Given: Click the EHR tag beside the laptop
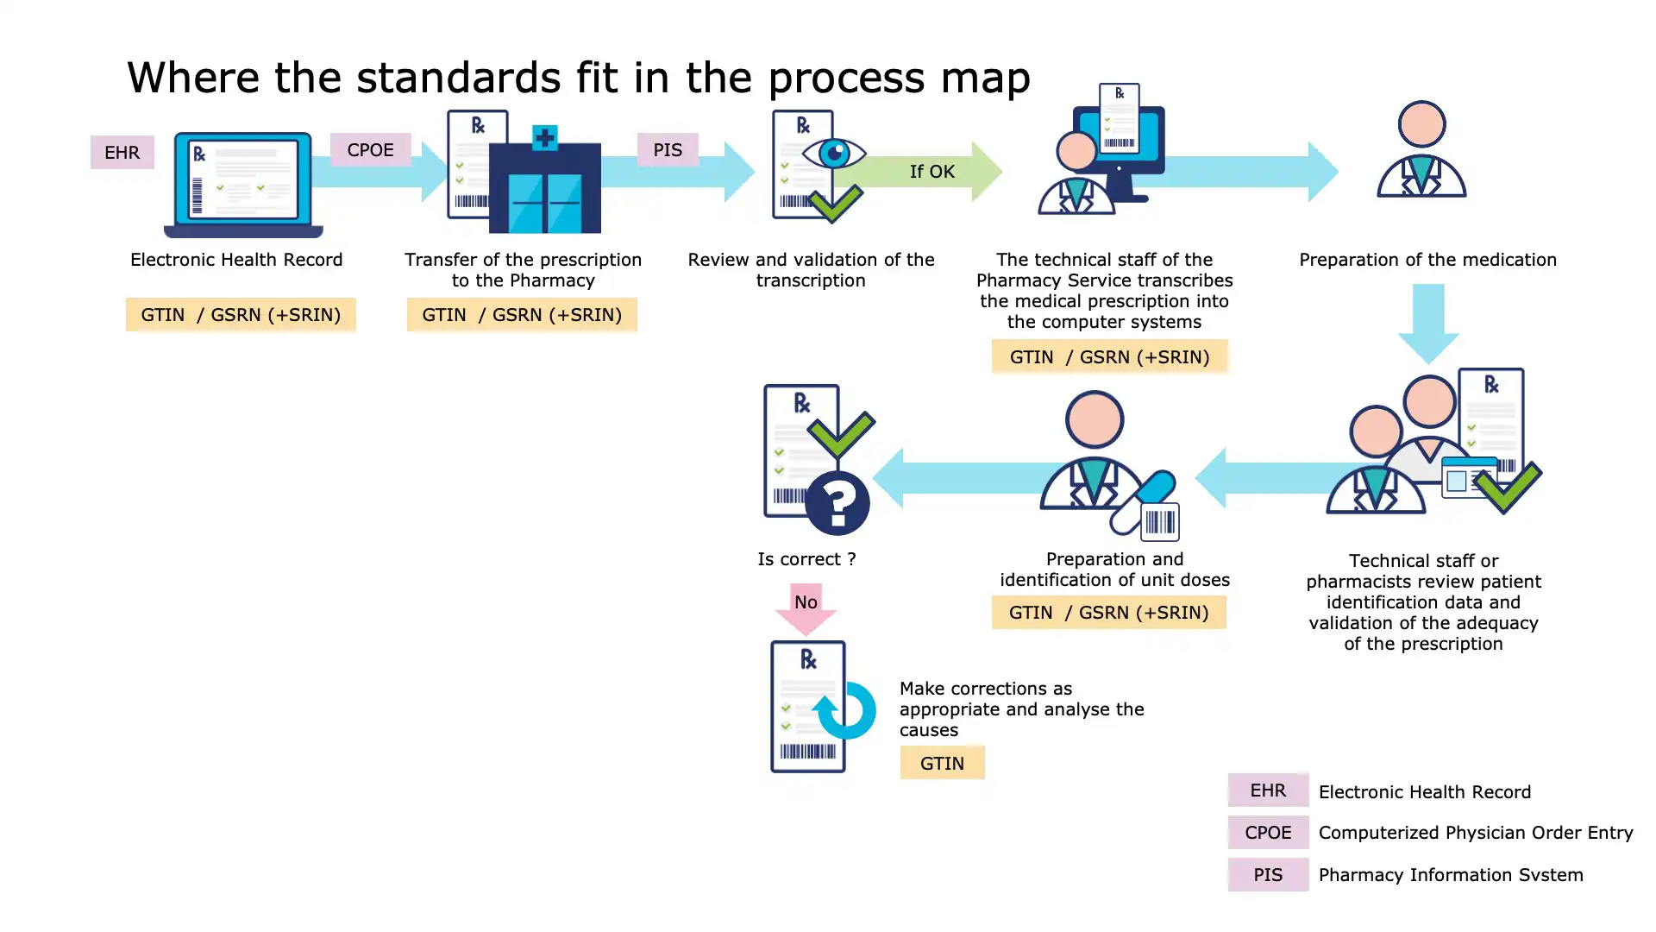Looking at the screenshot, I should point(122,153).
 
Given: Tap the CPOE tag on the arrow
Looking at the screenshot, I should point(370,150).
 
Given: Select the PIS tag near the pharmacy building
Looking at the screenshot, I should point(667,150).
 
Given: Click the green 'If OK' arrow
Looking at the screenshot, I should point(931,172).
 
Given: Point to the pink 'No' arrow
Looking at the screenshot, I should point(806,606).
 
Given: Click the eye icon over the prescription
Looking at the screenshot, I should point(833,154).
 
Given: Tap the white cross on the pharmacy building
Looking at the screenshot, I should point(544,137).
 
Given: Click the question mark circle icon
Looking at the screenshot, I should point(837,503).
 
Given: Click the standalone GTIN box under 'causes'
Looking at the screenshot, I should point(942,763).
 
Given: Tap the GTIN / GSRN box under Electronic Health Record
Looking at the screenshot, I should point(241,315).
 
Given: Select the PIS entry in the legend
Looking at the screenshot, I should point(1268,875).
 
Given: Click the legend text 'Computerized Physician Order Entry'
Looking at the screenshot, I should point(1475,833).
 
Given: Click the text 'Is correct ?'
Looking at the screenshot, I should point(806,559).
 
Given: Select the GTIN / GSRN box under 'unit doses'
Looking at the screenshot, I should point(1108,613).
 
